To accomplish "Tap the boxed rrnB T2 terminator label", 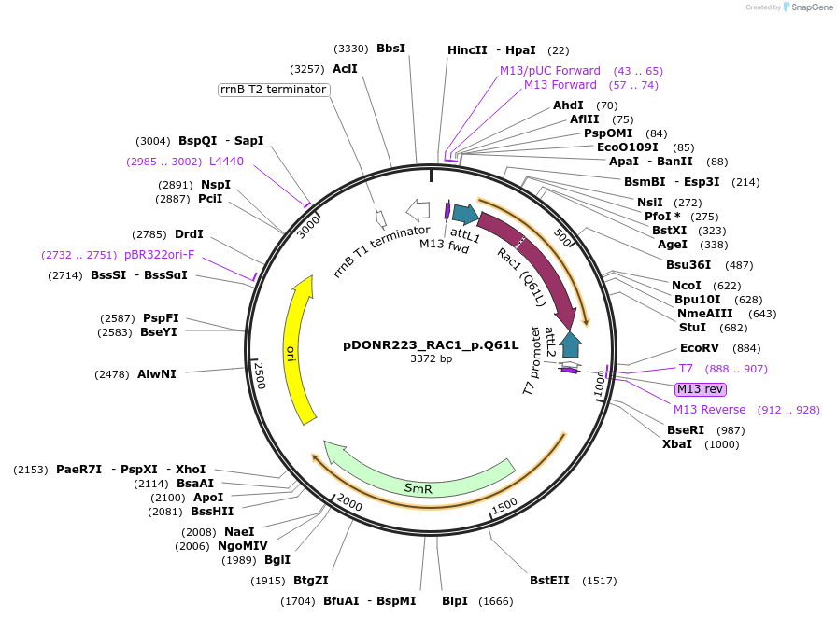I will pos(273,90).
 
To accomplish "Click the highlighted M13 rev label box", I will pos(700,389).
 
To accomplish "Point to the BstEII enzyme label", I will pos(549,581).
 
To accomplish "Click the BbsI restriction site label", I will pos(390,49).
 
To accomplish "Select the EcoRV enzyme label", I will pos(700,348).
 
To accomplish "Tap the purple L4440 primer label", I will pos(226,162).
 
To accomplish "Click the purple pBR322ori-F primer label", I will pos(159,255).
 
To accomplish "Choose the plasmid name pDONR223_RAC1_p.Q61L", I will pos(431,344).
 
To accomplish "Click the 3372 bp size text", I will pos(431,358).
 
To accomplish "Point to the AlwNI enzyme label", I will pos(156,374).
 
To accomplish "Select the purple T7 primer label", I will pos(686,369).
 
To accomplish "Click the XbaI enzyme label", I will pos(677,443).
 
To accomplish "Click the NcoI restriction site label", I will pos(686,286).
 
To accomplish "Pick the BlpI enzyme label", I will pos(454,601).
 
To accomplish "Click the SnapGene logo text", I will pos(809,7).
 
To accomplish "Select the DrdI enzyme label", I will pos(189,234).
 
